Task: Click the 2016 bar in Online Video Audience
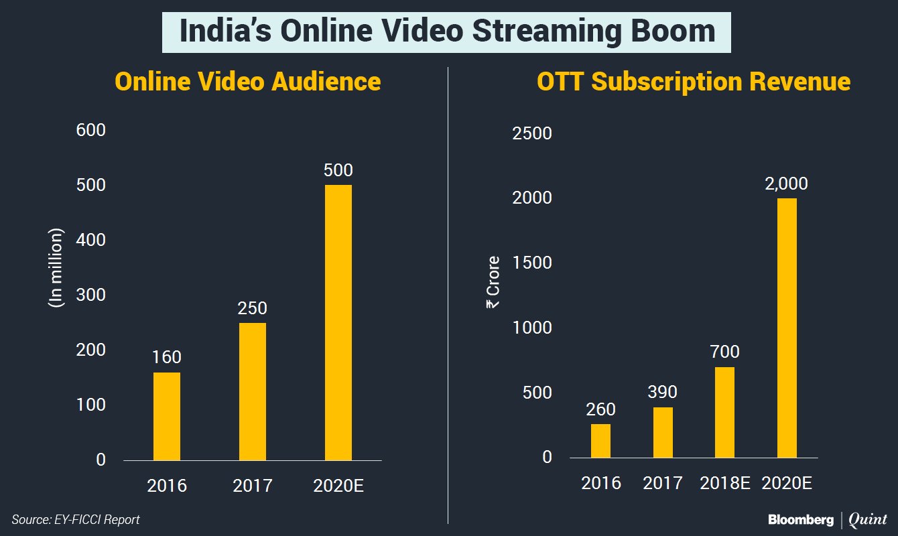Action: [x=166, y=416]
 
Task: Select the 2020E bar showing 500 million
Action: [x=338, y=322]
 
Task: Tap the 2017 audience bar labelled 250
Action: [x=252, y=391]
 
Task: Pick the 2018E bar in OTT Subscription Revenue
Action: [x=724, y=412]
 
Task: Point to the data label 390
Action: [x=662, y=392]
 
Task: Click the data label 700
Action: [x=724, y=352]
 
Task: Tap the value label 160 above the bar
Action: [x=166, y=357]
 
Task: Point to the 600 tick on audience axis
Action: [x=92, y=130]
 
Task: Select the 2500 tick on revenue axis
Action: [x=532, y=133]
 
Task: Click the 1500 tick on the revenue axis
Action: [x=532, y=263]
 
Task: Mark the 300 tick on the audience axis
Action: [x=92, y=295]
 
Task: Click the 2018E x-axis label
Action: [x=724, y=482]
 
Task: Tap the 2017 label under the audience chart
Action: [x=253, y=485]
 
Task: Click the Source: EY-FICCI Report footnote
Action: [x=76, y=519]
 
